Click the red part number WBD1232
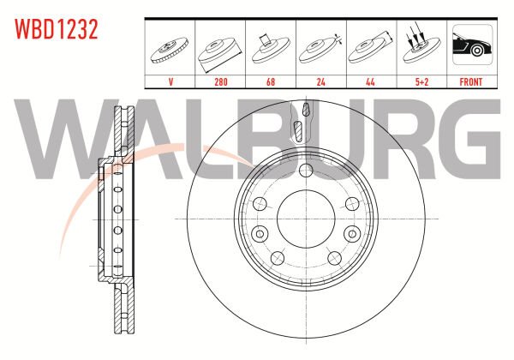[x=56, y=29]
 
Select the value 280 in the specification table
[x=221, y=81]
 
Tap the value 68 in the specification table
[x=271, y=81]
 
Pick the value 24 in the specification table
[x=321, y=81]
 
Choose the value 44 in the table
[x=370, y=81]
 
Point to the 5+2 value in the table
[x=421, y=81]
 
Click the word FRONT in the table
[x=470, y=81]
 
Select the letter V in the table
[x=170, y=81]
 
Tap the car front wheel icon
[x=472, y=45]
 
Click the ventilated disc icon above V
[x=170, y=51]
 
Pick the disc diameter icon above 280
[x=220, y=52]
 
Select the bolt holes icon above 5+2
[x=421, y=45]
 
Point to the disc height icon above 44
[x=371, y=48]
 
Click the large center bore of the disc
[x=306, y=219]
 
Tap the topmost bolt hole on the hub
[x=306, y=170]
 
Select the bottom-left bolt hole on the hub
[x=278, y=258]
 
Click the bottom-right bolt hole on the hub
[x=334, y=258]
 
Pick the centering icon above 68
[x=271, y=48]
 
